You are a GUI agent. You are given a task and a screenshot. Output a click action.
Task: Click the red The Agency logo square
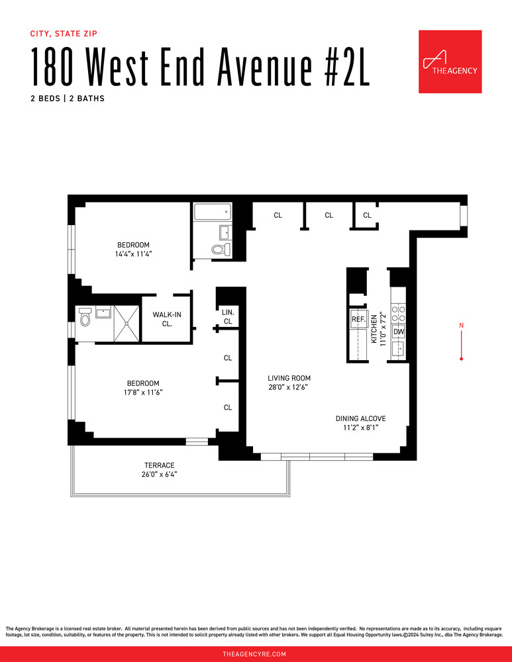point(450,62)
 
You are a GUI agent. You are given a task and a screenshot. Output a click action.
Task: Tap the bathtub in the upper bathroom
point(212,213)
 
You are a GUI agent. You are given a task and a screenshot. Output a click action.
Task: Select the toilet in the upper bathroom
point(221,250)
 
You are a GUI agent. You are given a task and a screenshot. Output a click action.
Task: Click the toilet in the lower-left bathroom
point(84,318)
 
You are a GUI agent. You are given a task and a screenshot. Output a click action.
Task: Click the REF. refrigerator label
point(358,319)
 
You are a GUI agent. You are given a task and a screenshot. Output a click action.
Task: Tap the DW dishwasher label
point(398,332)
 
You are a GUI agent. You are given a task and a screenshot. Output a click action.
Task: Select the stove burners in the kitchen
point(398,313)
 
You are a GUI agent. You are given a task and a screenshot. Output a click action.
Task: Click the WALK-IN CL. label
point(167,319)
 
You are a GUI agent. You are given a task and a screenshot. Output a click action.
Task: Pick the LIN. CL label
point(228,316)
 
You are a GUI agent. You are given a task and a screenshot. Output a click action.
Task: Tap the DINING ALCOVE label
point(360,418)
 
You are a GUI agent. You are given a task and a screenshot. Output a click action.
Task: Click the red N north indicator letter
point(461,325)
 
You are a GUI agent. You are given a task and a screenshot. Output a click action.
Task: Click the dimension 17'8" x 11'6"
point(143,392)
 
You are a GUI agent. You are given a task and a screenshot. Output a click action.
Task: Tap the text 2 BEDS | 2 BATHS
point(68,98)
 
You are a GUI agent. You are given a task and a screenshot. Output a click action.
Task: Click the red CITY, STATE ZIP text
point(68,33)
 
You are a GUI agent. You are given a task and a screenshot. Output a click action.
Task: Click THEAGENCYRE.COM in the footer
point(256,653)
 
